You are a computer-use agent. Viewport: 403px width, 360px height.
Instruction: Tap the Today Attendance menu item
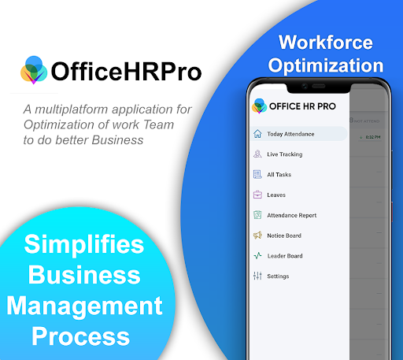(290, 134)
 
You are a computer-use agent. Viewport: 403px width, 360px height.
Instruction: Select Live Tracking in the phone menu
(284, 154)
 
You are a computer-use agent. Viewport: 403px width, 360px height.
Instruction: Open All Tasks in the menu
(279, 175)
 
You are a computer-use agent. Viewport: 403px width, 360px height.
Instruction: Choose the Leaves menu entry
(276, 195)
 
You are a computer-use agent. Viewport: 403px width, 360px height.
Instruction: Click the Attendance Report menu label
(291, 215)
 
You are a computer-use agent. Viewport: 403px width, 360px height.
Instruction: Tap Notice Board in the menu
(284, 236)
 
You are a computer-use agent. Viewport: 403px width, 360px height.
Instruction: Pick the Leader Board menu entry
(285, 256)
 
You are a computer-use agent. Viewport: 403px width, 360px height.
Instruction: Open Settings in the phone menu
(278, 276)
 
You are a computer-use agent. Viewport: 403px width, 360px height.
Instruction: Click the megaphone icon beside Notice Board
(257, 236)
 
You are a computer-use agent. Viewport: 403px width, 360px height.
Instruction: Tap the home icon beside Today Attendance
(257, 134)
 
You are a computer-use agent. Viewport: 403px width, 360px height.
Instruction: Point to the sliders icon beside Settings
(257, 276)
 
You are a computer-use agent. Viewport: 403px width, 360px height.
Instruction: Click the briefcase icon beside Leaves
(257, 195)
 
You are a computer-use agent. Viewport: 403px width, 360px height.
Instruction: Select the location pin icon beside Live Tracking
(257, 154)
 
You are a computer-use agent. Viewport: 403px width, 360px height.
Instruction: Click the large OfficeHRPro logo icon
(34, 70)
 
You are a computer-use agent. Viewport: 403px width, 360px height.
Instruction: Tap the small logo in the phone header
(258, 105)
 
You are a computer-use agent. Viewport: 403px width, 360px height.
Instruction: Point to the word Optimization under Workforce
(331, 65)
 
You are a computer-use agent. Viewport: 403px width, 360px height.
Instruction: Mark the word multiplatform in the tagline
(89, 109)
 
